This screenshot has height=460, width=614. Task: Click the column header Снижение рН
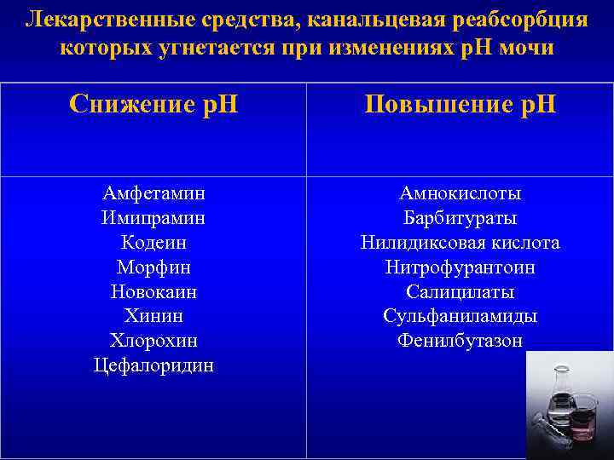pos(153,105)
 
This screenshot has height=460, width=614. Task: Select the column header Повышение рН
pos(460,105)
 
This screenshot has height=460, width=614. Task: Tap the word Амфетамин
pos(153,193)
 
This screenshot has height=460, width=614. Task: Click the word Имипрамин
pos(153,218)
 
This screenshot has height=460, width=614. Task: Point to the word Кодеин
pos(153,243)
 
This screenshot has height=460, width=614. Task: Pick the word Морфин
pos(153,267)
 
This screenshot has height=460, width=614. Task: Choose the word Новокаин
pos(153,291)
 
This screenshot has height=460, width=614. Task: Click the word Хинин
pos(153,316)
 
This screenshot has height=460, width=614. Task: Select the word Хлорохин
pos(153,341)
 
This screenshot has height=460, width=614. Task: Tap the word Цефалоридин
pos(153,365)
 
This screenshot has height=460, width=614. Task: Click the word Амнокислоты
pos(460,193)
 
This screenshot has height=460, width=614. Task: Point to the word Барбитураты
pos(460,218)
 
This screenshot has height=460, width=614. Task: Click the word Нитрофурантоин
pos(460,267)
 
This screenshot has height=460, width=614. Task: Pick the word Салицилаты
pos(460,291)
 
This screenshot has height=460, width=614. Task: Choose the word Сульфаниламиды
pos(460,316)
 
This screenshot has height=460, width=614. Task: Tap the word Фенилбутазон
pos(460,341)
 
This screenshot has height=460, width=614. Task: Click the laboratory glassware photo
pos(569,405)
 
